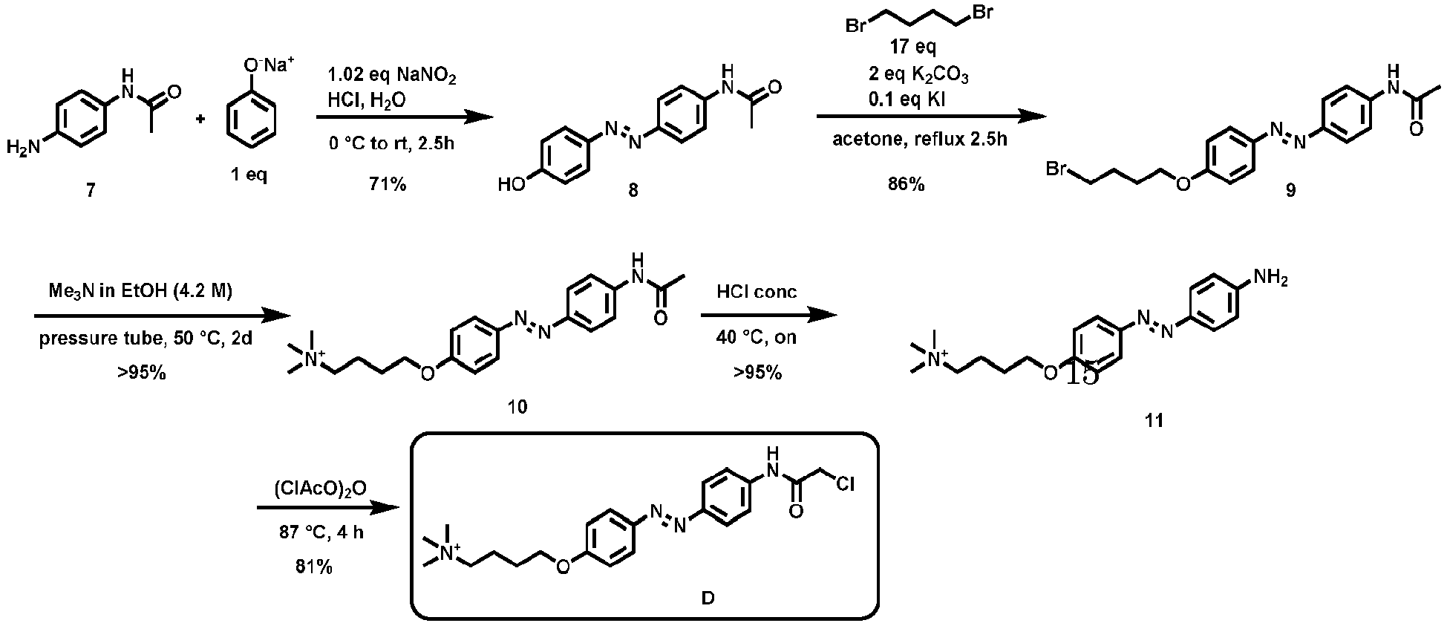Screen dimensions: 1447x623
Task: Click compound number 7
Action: pyautogui.click(x=90, y=191)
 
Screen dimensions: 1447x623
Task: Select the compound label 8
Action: pyautogui.click(x=633, y=191)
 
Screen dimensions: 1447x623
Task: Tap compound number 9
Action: pyautogui.click(x=1290, y=191)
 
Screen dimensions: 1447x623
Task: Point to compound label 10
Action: pyautogui.click(x=517, y=406)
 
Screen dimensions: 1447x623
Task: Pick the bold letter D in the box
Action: pyautogui.click(x=708, y=598)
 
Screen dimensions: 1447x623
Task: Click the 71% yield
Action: pyautogui.click(x=388, y=184)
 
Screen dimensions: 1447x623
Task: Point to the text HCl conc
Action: pyautogui.click(x=757, y=292)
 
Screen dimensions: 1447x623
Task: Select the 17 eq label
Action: pyautogui.click(x=912, y=48)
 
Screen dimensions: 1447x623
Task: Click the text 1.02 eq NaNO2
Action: pyautogui.click(x=392, y=76)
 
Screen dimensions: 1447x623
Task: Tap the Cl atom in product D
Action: pyautogui.click(x=845, y=485)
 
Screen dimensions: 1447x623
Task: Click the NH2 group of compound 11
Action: pyautogui.click(x=1270, y=279)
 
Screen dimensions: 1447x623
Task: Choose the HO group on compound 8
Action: pyautogui.click(x=512, y=184)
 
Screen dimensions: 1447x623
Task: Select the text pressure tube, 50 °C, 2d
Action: pyautogui.click(x=146, y=339)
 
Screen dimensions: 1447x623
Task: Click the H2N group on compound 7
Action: pyautogui.click(x=22, y=148)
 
